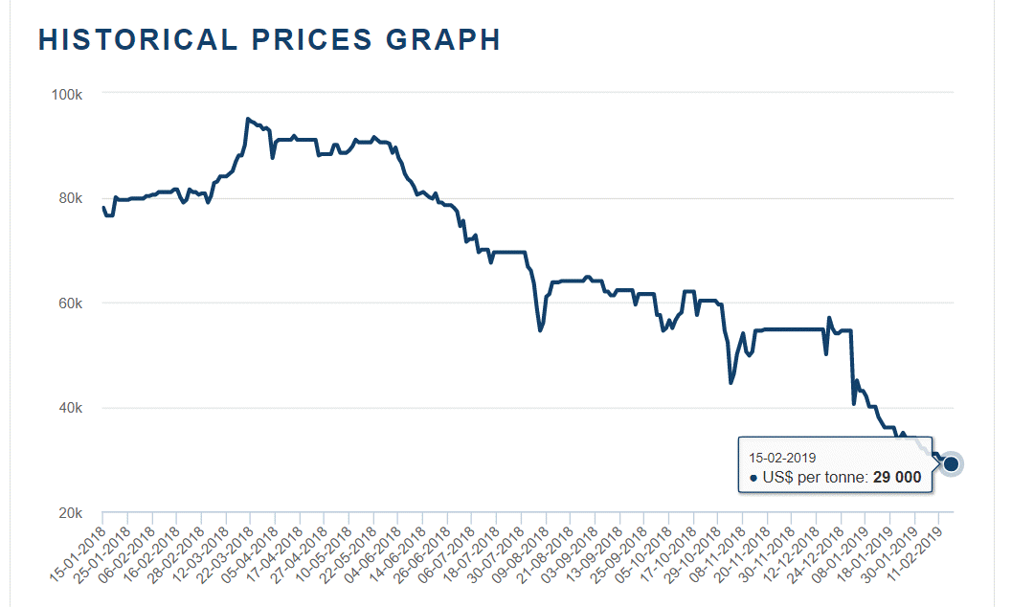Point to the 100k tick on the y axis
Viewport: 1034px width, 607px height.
(x=70, y=94)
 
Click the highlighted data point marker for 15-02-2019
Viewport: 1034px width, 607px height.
(x=951, y=463)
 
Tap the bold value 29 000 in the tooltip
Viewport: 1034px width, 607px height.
(x=897, y=477)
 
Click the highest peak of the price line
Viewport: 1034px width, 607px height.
(x=248, y=119)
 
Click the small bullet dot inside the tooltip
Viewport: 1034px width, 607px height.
(x=753, y=478)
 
